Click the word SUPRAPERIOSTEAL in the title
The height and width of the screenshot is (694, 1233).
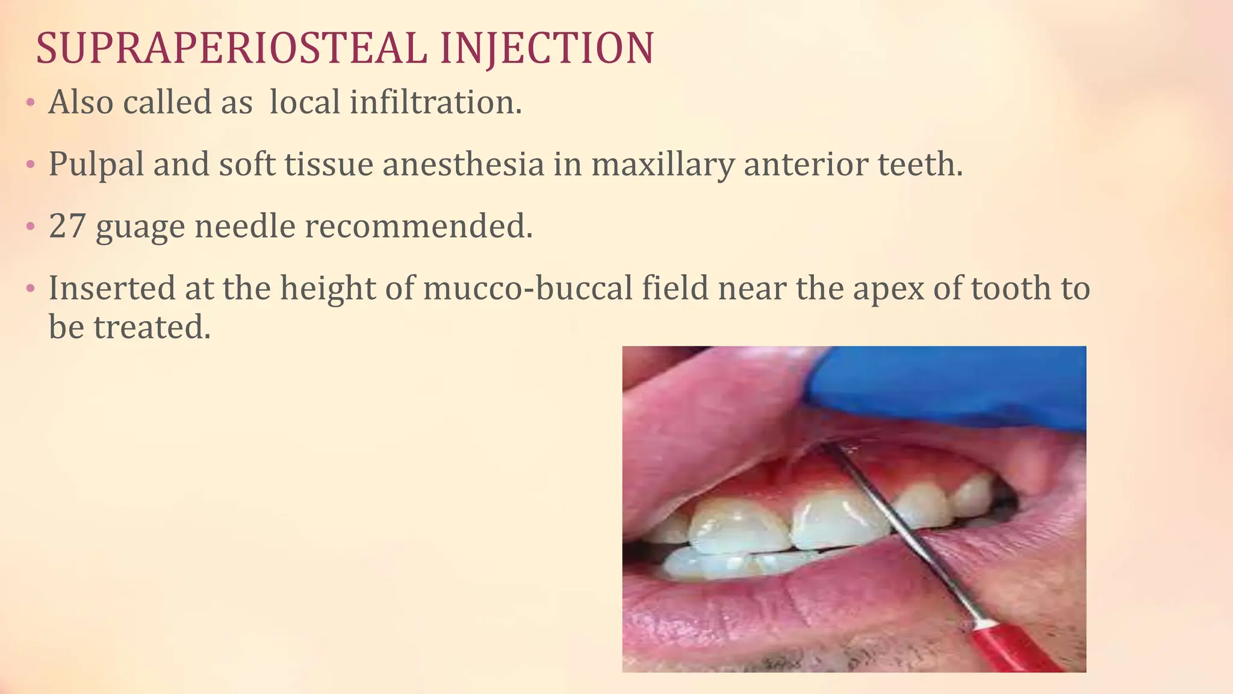tap(231, 48)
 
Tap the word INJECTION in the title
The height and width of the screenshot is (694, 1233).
tap(547, 48)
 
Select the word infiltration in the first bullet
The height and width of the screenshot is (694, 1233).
tap(435, 102)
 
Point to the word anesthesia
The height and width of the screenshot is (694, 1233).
tap(463, 164)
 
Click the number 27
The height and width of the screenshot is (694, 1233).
tap(67, 227)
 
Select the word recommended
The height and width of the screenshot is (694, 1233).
tap(418, 227)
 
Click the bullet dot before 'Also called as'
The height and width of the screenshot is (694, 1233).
tap(30, 103)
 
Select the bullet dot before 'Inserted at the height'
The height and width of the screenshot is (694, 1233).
tap(30, 289)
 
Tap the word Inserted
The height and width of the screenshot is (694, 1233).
tap(112, 288)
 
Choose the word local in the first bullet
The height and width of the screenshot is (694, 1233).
tap(305, 102)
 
